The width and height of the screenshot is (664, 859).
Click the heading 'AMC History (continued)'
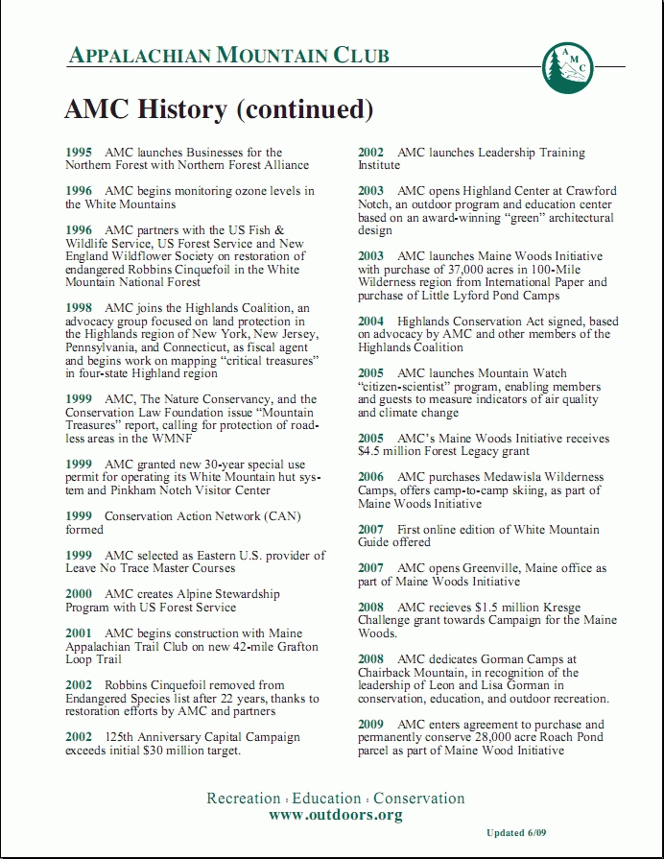pyautogui.click(x=218, y=109)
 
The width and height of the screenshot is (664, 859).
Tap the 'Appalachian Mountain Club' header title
pyautogui.click(x=228, y=55)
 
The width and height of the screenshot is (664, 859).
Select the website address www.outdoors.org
pyautogui.click(x=335, y=815)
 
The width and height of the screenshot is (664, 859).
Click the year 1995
pyautogui.click(x=79, y=153)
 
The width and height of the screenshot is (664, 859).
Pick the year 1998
pyautogui.click(x=79, y=307)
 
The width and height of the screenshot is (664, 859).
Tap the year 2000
pyautogui.click(x=79, y=594)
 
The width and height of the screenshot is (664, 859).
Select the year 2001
pyautogui.click(x=79, y=633)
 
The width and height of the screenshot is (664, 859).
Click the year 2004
pyautogui.click(x=371, y=321)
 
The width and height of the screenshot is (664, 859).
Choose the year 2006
pyautogui.click(x=371, y=477)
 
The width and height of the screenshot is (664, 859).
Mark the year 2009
pyautogui.click(x=371, y=725)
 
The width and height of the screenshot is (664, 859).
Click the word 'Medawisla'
pyautogui.click(x=518, y=477)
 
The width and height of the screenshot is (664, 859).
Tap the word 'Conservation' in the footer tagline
pyautogui.click(x=418, y=798)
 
